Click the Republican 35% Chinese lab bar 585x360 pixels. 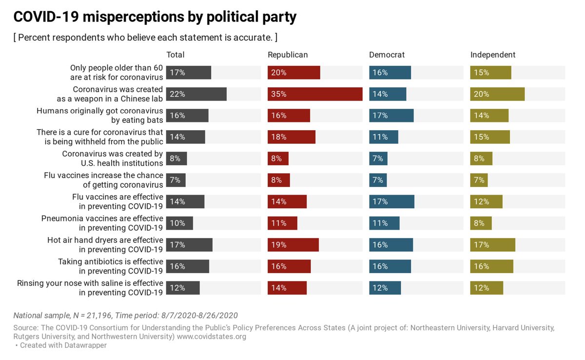pos(315,94)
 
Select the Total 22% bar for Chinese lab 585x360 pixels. pos(196,94)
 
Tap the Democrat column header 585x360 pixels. pos(387,55)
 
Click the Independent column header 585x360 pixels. pos(493,55)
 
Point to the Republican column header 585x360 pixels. pos(288,55)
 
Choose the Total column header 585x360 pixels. pos(175,55)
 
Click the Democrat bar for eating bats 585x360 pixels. pos(391,116)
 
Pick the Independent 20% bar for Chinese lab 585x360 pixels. pos(497,94)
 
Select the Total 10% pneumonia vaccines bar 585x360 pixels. pos(179,223)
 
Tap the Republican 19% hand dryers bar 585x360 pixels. pos(293,245)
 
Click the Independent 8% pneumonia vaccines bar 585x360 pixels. pos(481,223)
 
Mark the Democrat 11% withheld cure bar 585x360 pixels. pos(384,137)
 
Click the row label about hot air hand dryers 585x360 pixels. pos(105,245)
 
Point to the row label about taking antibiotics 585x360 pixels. pos(111,266)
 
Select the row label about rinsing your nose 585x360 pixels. pos(90,288)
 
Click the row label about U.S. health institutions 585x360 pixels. pos(113,159)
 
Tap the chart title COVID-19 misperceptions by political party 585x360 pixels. pos(155,17)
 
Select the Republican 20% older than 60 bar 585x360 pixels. pos(293,73)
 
